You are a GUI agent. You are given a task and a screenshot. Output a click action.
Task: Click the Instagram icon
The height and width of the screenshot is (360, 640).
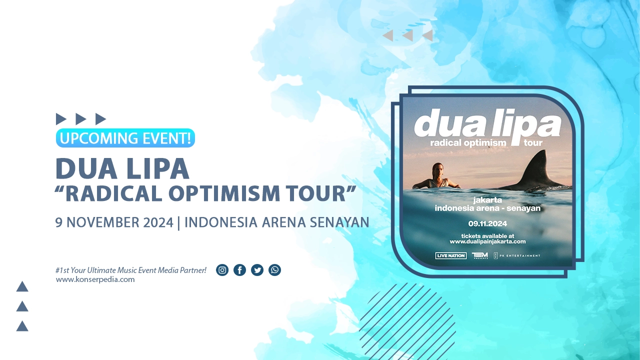[x=222, y=270]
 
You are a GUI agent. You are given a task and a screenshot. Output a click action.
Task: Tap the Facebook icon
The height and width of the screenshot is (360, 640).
[x=239, y=270]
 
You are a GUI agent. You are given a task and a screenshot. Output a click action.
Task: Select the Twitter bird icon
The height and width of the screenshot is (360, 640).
[x=257, y=270]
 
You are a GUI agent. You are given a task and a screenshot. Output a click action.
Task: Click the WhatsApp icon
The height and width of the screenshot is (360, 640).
[x=274, y=270]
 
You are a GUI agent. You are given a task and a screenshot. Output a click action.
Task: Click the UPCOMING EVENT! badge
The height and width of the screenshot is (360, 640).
[x=125, y=138]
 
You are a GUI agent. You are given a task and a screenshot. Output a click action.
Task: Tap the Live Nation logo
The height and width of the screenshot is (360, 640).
[x=451, y=255]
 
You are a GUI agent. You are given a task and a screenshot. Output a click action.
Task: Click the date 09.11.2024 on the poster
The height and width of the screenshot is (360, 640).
[x=487, y=223]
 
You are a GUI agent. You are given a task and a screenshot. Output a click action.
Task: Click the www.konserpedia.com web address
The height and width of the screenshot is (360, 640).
[x=95, y=279]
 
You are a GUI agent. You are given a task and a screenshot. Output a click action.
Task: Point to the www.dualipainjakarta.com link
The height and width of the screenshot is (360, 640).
[x=487, y=241]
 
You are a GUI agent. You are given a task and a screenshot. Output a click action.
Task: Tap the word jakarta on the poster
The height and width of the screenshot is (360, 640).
[x=487, y=200]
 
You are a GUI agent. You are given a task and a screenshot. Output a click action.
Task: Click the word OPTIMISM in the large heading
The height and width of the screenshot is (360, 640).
[x=224, y=193]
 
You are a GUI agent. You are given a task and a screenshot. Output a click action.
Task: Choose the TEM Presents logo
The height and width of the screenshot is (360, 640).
[x=479, y=255]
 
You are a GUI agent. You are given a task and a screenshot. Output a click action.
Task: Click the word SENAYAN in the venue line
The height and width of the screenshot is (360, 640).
[x=339, y=222]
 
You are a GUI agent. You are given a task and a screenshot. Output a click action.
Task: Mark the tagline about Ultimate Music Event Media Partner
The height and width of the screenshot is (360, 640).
[x=131, y=270]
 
